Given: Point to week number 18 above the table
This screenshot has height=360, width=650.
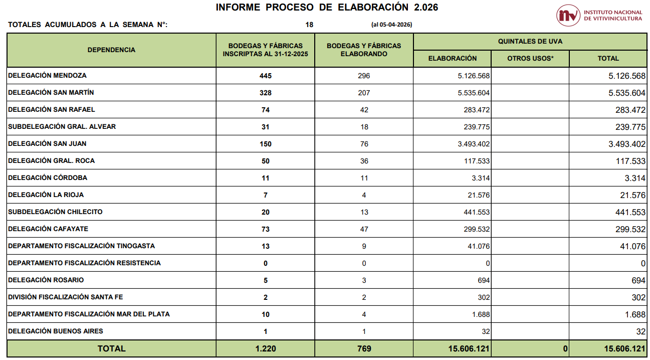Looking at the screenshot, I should (x=309, y=25).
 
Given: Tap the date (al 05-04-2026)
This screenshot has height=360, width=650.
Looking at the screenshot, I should (x=392, y=25).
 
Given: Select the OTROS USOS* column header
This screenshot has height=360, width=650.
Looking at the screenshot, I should (x=530, y=58).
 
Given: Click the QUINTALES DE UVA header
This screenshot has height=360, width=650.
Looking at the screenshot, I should (x=530, y=42).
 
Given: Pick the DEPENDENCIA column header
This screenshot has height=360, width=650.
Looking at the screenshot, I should (x=111, y=50).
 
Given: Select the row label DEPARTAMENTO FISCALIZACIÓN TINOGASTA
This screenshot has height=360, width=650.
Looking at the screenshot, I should (x=81, y=246).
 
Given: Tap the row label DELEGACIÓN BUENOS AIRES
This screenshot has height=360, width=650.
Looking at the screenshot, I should (x=55, y=331).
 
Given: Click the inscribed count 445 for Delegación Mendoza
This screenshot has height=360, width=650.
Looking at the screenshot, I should (x=266, y=76).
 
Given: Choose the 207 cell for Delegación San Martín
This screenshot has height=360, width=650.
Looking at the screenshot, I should (x=364, y=93).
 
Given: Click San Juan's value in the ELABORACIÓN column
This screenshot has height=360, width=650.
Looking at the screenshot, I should (x=474, y=144).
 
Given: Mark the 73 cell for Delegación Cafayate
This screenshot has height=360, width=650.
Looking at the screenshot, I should (x=266, y=229).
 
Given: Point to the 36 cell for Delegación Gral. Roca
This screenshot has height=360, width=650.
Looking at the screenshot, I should (x=364, y=161).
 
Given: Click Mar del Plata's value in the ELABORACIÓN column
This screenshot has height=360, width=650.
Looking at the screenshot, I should (x=481, y=314).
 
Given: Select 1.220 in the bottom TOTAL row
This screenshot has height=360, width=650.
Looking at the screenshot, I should (x=266, y=348).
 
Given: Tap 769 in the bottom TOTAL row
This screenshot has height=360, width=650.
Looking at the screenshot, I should (x=364, y=348).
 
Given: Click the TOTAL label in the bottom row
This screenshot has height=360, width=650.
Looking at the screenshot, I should (x=111, y=348).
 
